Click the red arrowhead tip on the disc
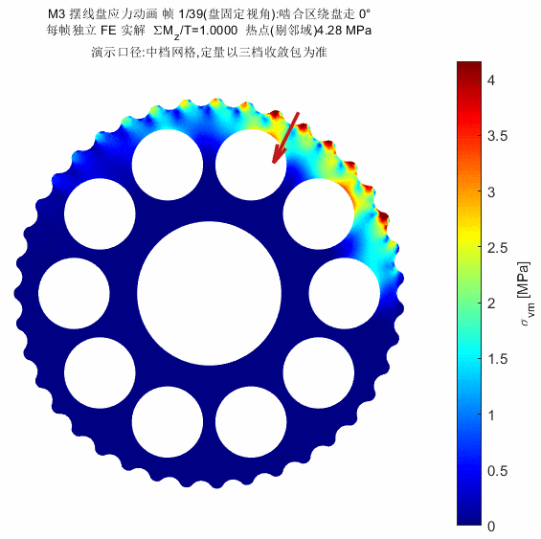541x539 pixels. point(274,163)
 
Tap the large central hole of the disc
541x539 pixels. point(209,293)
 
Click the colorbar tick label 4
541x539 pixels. point(491,80)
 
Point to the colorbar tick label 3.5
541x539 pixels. point(497,136)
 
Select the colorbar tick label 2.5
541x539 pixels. point(497,248)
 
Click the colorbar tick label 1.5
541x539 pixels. point(497,359)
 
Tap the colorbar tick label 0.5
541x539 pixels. point(497,471)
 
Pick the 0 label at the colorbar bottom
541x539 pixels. point(491,527)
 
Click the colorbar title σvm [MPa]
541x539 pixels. point(525,294)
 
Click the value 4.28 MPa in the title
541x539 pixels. point(344,31)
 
